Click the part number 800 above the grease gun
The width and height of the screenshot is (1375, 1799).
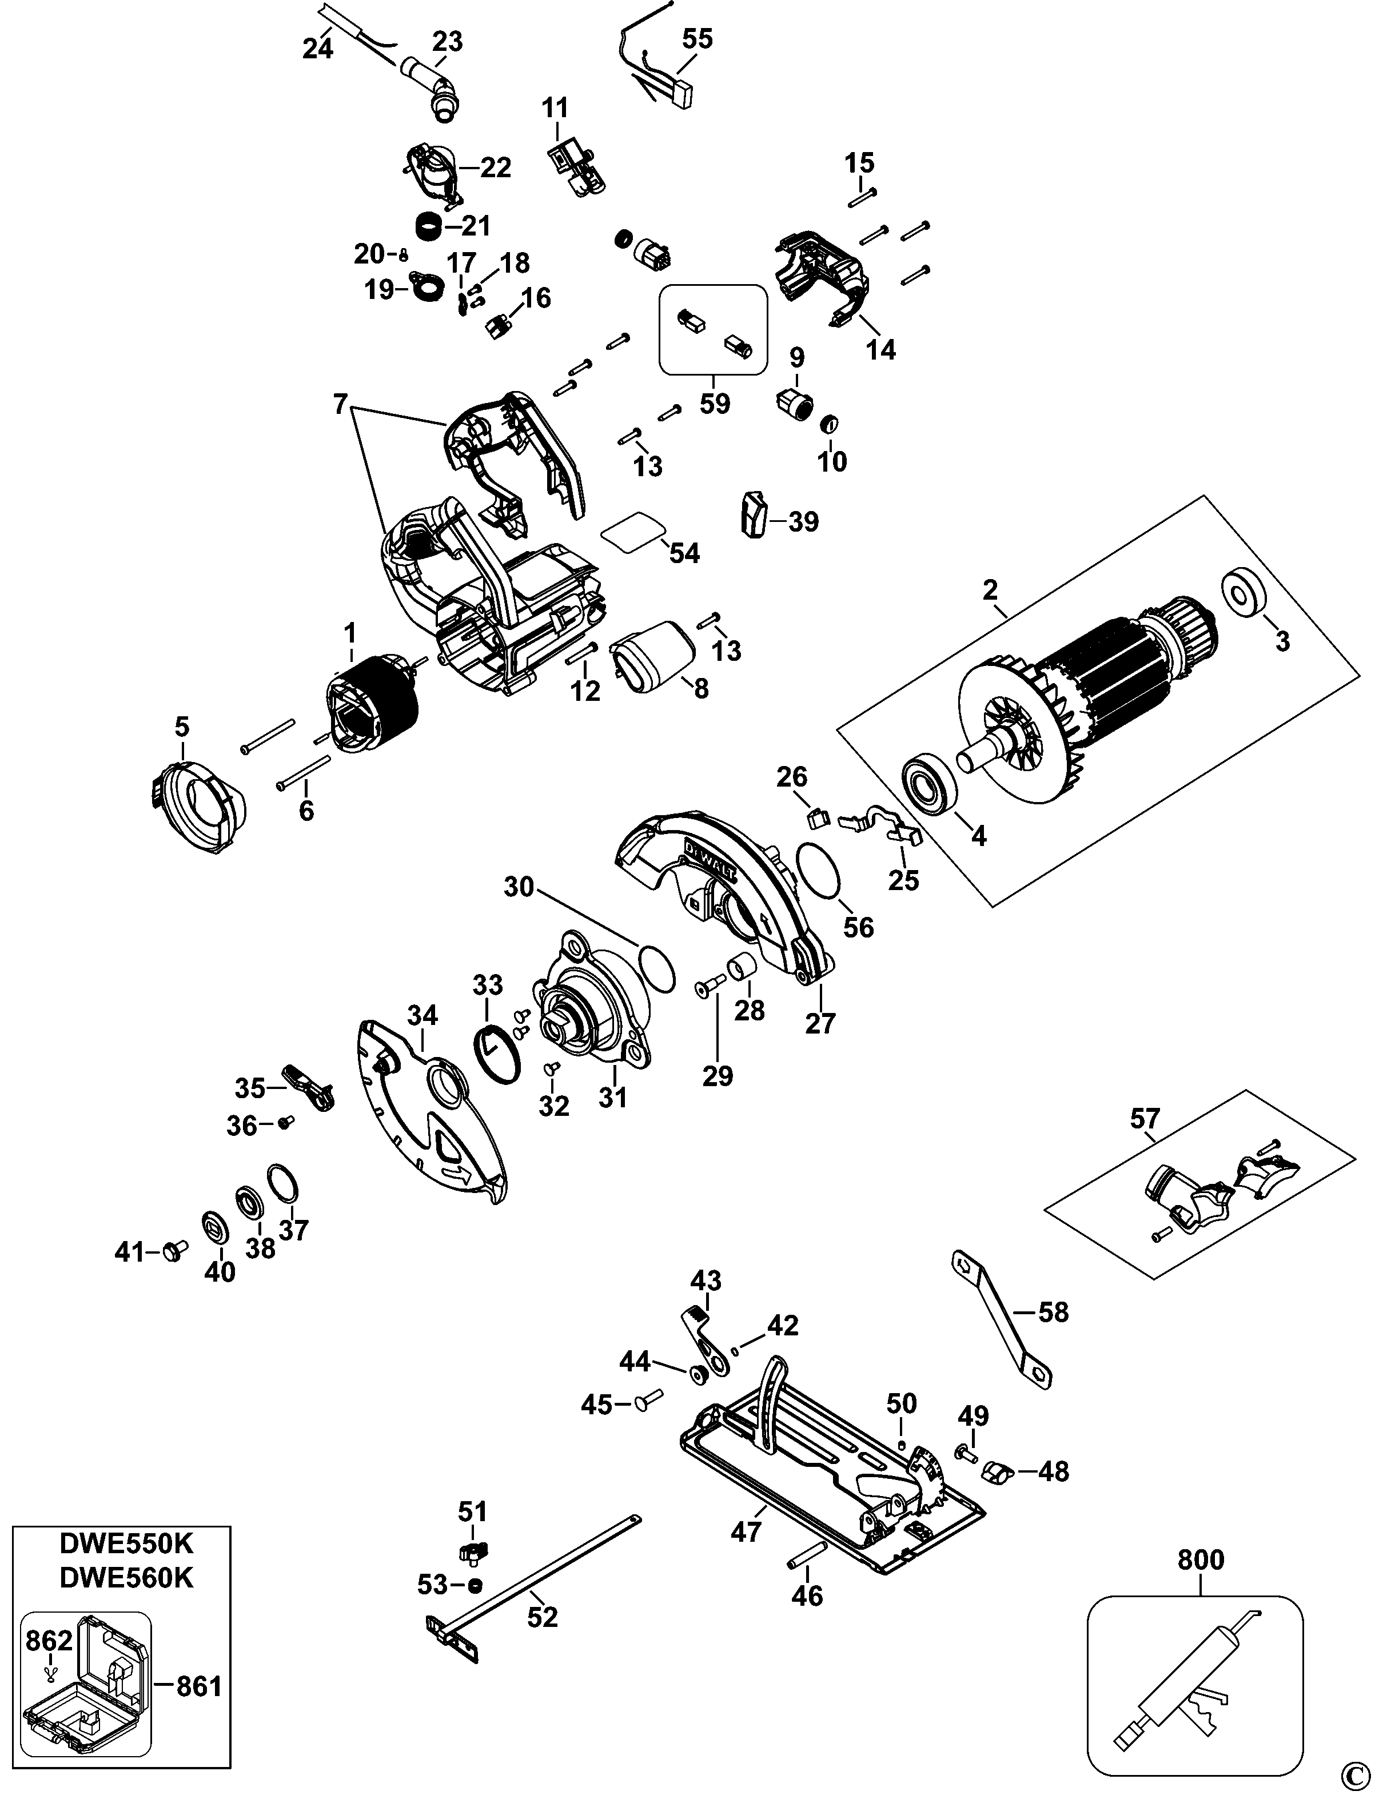point(1200,1560)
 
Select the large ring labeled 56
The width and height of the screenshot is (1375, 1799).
point(819,871)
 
